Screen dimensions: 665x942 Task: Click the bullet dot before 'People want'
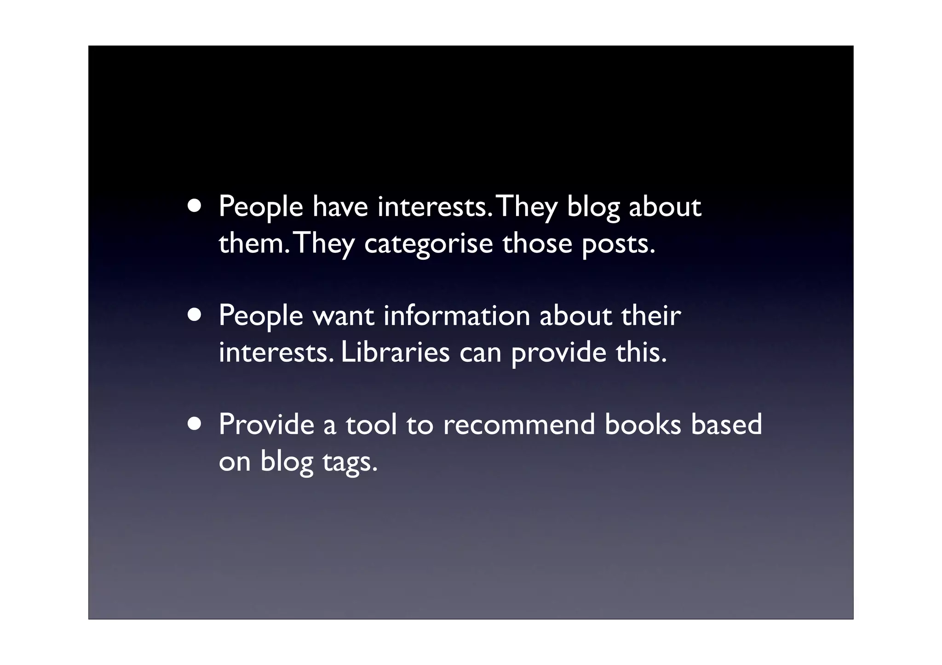pyautogui.click(x=194, y=315)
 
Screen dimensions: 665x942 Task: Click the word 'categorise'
pyautogui.click(x=428, y=244)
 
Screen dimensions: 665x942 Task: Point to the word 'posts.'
pyautogui.click(x=618, y=244)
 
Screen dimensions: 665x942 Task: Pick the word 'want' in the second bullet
pyautogui.click(x=343, y=316)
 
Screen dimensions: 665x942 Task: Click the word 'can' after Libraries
pyautogui.click(x=480, y=353)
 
